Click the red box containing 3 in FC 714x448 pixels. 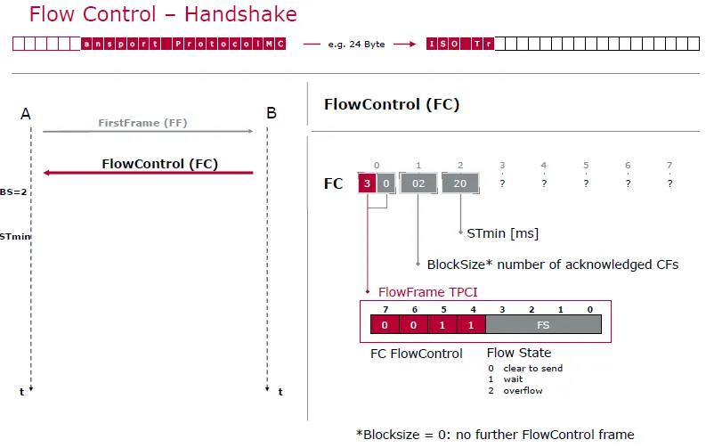(367, 183)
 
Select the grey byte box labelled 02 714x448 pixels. (418, 183)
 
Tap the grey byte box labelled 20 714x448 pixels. (460, 183)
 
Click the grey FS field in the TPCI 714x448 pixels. (543, 325)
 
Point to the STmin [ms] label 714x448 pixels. (502, 233)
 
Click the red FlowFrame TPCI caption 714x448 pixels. (427, 291)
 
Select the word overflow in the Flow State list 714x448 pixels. (523, 391)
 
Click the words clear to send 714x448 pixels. (532, 368)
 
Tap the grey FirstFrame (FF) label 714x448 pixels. (142, 123)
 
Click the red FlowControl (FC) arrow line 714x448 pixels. (148, 173)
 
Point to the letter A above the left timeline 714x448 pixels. (26, 113)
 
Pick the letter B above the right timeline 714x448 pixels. (272, 112)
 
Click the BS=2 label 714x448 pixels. (13, 191)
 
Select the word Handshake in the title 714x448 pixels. (240, 14)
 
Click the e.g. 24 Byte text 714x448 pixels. (356, 45)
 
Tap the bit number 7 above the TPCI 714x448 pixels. (385, 309)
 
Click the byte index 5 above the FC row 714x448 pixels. (586, 165)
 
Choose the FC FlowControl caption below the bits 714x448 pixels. (416, 354)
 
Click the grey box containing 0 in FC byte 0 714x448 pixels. (386, 183)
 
